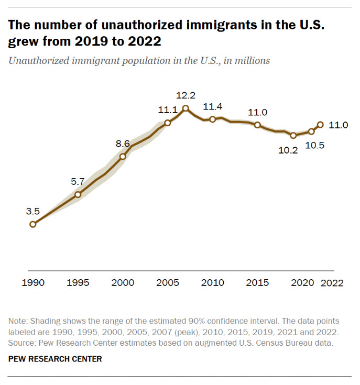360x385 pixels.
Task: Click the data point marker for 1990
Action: click(x=33, y=224)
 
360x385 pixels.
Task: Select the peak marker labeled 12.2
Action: click(x=186, y=108)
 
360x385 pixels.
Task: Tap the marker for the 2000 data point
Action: click(x=123, y=156)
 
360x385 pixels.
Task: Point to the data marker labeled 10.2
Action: click(x=293, y=135)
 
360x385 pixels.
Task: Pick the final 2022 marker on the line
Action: click(x=320, y=125)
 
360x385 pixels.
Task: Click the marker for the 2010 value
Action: click(x=212, y=119)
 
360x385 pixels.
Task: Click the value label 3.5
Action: click(x=32, y=211)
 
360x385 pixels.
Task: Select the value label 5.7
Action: click(x=78, y=181)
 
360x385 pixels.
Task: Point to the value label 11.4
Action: click(x=212, y=106)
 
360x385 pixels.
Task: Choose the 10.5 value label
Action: click(x=314, y=146)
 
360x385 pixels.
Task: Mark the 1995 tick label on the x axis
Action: click(x=78, y=283)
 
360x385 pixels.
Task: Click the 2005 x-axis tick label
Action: click(x=167, y=283)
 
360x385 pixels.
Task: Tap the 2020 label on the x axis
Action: click(x=302, y=283)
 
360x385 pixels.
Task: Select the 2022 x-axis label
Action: click(x=332, y=283)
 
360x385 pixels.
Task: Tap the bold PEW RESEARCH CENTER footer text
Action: click(x=54, y=359)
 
